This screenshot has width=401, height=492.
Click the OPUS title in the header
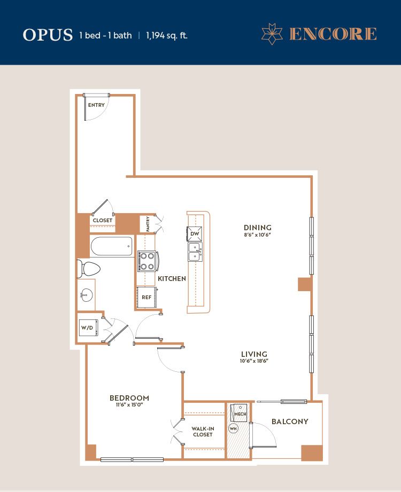coord(48,35)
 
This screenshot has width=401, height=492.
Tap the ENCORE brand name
coord(333,34)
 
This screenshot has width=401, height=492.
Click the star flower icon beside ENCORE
coord(272,34)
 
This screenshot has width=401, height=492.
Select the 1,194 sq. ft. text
coord(167,35)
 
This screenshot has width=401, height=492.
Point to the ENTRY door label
coord(96,105)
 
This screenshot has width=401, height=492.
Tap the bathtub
coord(111,246)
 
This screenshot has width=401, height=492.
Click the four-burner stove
coord(147,261)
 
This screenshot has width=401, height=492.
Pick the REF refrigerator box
coord(146,297)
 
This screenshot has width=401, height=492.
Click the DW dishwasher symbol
coord(195,234)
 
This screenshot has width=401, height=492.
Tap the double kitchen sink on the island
coord(195,252)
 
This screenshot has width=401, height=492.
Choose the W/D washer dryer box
coord(88,327)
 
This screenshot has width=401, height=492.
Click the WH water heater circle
coord(233,428)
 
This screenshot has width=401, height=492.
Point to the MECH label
coord(240,414)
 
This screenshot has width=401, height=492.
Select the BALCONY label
coord(290,421)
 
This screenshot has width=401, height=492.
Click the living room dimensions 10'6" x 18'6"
coord(254,361)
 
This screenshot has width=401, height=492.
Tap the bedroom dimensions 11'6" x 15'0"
coord(129,405)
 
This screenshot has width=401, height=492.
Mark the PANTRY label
coord(148,224)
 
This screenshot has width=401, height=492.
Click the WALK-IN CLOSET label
coord(203,432)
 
